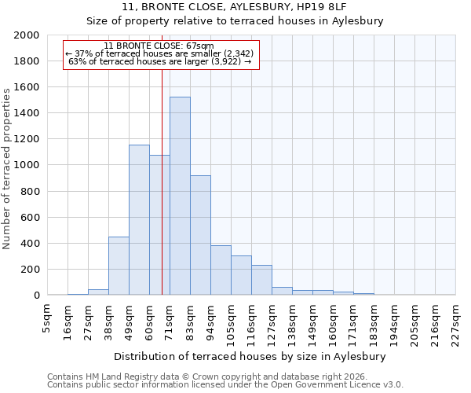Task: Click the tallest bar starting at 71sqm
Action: tap(180, 196)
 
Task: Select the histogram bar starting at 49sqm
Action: tap(139, 220)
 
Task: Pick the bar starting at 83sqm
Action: tap(200, 236)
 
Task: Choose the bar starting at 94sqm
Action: tap(221, 270)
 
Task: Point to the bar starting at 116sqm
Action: tap(261, 280)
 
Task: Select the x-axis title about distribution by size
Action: tap(251, 356)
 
